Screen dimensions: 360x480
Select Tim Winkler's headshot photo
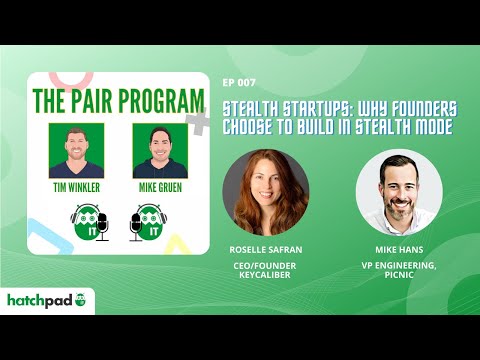pyautogui.click(x=76, y=150)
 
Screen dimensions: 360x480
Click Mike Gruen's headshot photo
pyautogui.click(x=160, y=150)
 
